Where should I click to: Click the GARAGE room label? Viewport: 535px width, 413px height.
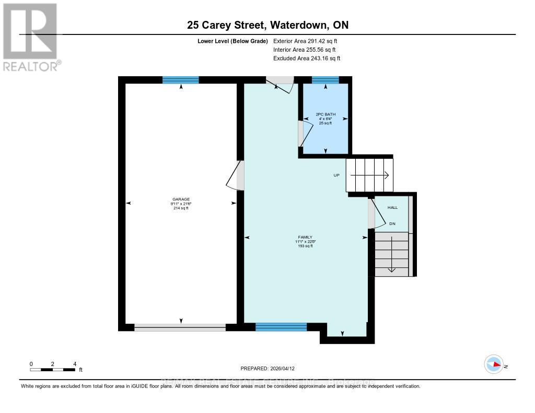coord(181,199)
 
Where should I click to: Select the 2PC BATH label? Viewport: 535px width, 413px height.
coord(325,114)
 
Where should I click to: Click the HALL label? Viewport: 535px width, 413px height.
coord(392,207)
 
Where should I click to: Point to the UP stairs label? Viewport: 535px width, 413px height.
coord(337,175)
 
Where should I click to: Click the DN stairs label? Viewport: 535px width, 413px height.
coord(392,223)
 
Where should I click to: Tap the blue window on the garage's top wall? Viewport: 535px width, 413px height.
coord(180,80)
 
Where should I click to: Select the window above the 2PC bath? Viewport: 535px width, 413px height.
coord(325,80)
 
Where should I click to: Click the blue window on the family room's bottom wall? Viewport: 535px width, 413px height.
coord(281,327)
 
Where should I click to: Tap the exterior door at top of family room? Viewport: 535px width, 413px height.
coord(281,84)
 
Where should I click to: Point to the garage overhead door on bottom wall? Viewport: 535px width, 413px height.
coord(180,327)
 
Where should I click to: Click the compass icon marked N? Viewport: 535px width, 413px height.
coord(494,364)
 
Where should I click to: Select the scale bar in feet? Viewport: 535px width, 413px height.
coord(53,370)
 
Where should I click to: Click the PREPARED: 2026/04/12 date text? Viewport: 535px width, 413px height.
coord(271,368)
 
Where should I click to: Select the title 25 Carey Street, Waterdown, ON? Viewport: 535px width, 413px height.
coord(267,25)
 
